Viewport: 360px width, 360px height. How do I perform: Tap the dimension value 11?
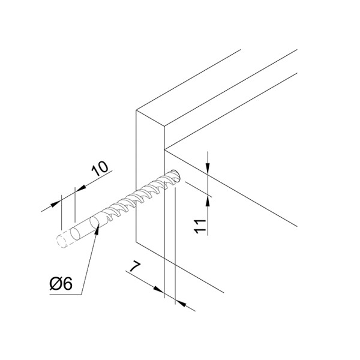(200, 226)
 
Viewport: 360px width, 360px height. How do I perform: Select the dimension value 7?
(135, 266)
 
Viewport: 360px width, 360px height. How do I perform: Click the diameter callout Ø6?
(61, 284)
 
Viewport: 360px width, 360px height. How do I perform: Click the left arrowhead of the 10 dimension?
(56, 203)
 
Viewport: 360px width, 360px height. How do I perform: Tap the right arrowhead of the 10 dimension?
(80, 188)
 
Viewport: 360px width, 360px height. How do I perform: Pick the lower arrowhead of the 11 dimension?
(208, 202)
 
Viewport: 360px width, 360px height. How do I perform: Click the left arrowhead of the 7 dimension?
(159, 290)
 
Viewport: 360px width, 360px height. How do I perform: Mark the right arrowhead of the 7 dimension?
(181, 303)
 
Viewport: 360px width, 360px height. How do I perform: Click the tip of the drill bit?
(177, 174)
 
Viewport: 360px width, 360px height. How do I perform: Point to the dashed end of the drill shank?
(61, 241)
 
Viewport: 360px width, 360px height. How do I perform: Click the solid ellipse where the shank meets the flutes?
(95, 223)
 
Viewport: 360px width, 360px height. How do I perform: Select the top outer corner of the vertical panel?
(136, 110)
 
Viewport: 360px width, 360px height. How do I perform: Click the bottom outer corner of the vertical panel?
(136, 242)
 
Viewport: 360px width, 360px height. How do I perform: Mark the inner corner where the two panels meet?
(164, 149)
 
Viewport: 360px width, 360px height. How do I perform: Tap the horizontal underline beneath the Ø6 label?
(65, 294)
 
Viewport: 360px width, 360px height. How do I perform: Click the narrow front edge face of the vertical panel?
(151, 184)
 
